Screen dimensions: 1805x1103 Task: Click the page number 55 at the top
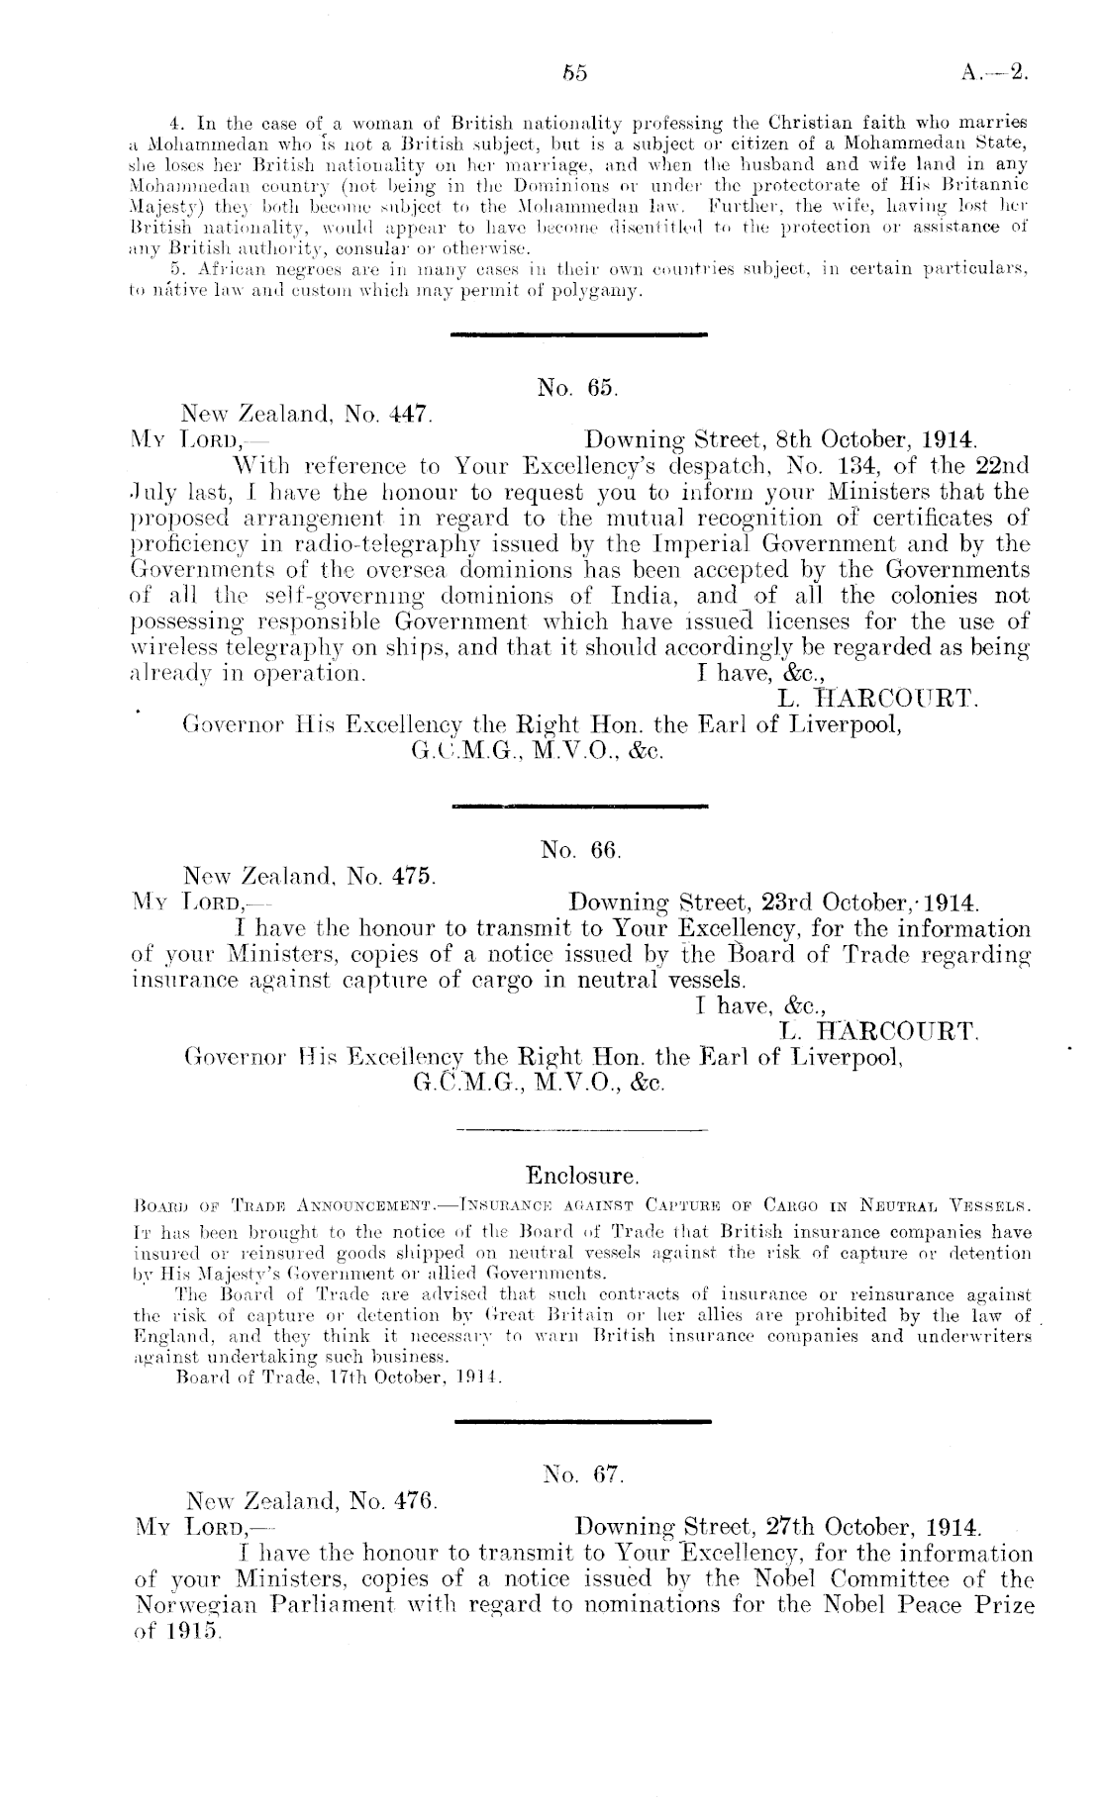click(x=575, y=72)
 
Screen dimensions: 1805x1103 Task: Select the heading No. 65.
click(x=579, y=389)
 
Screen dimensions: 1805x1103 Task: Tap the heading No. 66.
click(x=580, y=850)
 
